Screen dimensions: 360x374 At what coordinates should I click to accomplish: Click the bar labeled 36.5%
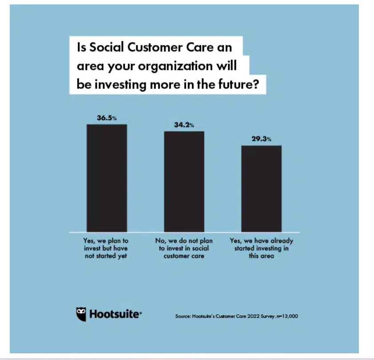coord(107,178)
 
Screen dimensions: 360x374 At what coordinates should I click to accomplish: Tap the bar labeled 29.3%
coord(261,188)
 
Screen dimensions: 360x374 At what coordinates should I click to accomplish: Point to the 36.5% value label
coord(107,119)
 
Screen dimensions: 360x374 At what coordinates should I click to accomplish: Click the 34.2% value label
coord(184,126)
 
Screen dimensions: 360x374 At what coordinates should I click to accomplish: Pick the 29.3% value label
coord(261,139)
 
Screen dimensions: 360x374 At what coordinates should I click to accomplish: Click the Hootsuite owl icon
coord(81,314)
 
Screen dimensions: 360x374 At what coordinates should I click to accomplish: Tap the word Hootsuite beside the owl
coord(115,314)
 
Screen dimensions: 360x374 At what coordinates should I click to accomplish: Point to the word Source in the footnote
coord(183,316)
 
